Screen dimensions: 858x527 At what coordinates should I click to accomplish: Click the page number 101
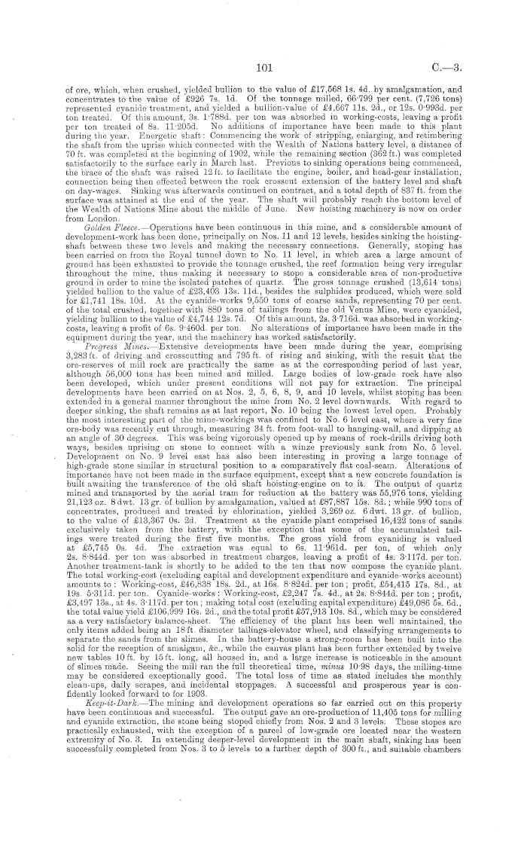263,67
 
